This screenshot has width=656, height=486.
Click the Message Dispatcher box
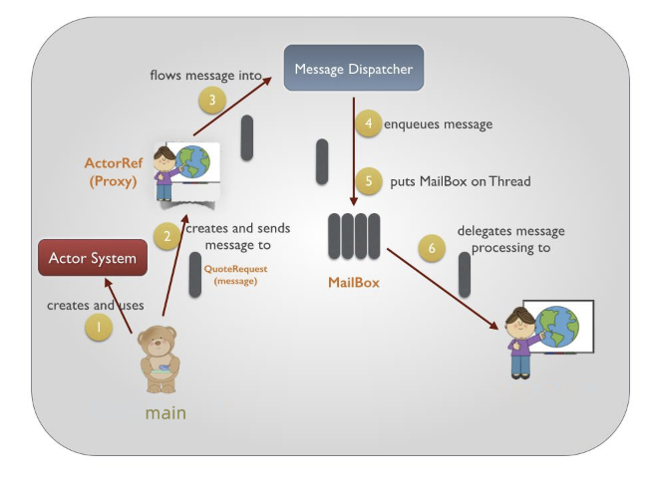pyautogui.click(x=354, y=69)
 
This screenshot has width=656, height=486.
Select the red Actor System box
pyautogui.click(x=93, y=258)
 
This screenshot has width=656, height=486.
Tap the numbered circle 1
pyautogui.click(x=98, y=326)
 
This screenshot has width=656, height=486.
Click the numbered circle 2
pyautogui.click(x=167, y=236)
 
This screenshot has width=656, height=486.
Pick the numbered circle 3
pyautogui.click(x=212, y=100)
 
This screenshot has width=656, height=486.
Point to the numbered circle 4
pyautogui.click(x=369, y=124)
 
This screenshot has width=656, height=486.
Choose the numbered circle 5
pyautogui.click(x=369, y=181)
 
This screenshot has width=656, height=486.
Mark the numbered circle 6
pyautogui.click(x=432, y=247)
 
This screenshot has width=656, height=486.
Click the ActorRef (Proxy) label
pyautogui.click(x=112, y=170)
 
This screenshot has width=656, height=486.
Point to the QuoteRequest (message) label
pyautogui.click(x=235, y=275)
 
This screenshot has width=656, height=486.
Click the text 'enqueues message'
pyautogui.click(x=438, y=124)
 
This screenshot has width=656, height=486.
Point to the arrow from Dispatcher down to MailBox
pyautogui.click(x=355, y=149)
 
